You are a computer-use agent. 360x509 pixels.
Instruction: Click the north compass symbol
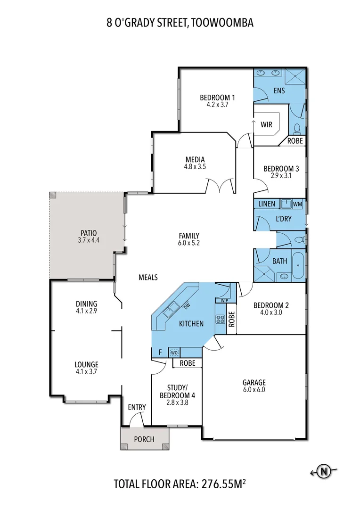point(323,471)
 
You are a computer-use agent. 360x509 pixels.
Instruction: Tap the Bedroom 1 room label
point(217,98)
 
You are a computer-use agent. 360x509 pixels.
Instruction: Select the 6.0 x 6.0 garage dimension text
point(254,390)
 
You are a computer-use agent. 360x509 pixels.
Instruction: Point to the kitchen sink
point(170,310)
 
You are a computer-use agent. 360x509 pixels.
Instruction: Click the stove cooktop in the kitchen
point(220,319)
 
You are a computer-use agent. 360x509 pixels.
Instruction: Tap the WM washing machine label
point(297,204)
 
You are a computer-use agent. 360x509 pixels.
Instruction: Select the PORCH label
point(144,439)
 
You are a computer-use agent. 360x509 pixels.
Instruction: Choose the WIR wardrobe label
point(267,125)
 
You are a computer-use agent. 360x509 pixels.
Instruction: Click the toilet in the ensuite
point(297,128)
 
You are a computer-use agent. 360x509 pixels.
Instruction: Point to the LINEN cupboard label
point(267,204)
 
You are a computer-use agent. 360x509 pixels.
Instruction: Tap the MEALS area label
point(148,278)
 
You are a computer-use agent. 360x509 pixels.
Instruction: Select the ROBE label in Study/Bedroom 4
point(188,363)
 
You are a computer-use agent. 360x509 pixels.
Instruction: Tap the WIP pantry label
point(222,300)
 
